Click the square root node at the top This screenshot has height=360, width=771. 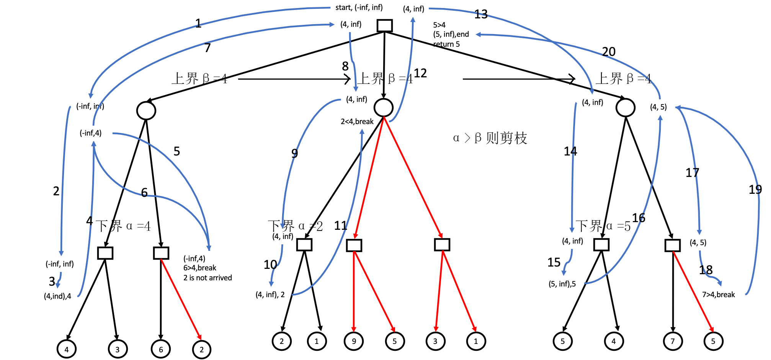click(384, 26)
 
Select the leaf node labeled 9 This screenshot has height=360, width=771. click(354, 341)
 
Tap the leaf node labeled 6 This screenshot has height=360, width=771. click(161, 349)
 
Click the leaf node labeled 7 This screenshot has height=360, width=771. click(673, 341)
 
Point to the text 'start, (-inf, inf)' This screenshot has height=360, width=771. click(359, 7)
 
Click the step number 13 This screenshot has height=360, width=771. click(481, 15)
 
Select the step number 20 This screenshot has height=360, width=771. click(609, 51)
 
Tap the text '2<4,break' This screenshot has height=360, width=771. click(357, 121)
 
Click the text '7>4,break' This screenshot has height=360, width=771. click(718, 295)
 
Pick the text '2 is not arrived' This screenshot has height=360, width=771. click(207, 278)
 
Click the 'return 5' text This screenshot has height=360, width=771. click(446, 44)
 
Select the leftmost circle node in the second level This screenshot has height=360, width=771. click(146, 111)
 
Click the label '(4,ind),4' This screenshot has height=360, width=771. click(57, 296)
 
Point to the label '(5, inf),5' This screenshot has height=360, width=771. click(562, 284)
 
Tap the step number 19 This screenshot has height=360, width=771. click(755, 190)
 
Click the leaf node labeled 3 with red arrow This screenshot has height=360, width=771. click(435, 341)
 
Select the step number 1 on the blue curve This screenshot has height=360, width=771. click(198, 24)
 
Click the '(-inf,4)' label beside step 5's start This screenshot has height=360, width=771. click(90, 133)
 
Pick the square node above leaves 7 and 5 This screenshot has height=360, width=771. click(673, 245)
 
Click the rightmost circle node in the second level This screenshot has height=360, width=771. click(625, 108)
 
